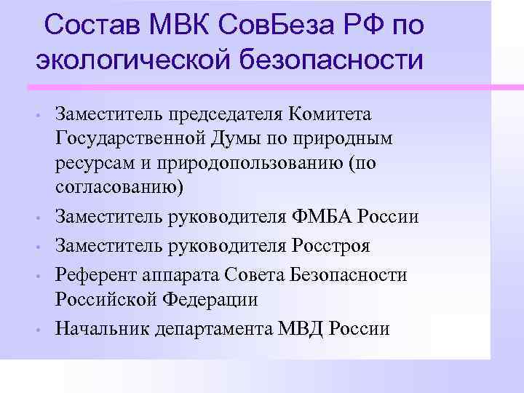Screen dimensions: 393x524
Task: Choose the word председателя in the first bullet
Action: [x=225, y=114]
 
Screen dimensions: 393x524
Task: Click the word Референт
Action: [x=94, y=274]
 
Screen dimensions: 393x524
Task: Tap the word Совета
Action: [x=267, y=274]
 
